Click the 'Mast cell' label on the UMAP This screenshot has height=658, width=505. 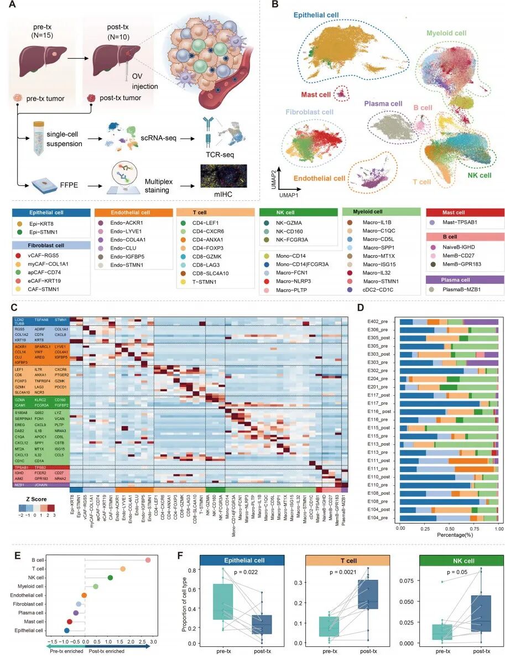(315, 95)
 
